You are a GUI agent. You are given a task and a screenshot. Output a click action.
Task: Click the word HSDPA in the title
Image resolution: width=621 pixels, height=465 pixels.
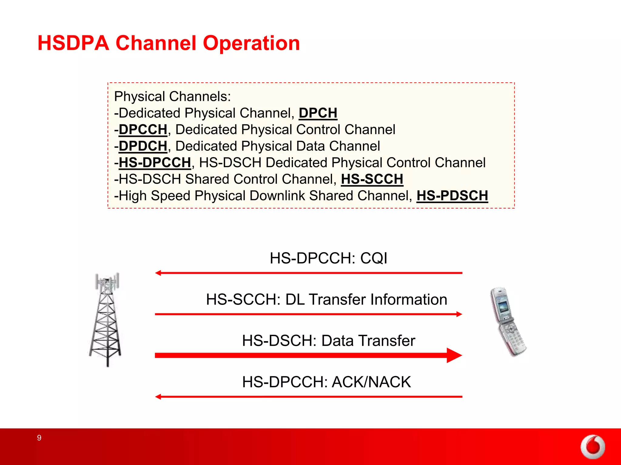point(73,43)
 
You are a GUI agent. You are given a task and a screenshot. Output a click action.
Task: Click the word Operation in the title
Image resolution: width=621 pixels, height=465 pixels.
point(251,43)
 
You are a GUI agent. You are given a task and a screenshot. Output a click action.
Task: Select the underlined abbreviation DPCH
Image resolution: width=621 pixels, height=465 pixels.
point(318,113)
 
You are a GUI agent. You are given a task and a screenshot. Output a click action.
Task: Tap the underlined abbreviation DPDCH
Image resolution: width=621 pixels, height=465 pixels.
point(143,146)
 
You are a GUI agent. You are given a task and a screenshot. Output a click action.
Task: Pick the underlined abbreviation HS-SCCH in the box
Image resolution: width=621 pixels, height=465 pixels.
point(372,179)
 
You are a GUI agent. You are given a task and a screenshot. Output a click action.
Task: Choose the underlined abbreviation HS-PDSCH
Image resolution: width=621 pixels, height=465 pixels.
point(452,196)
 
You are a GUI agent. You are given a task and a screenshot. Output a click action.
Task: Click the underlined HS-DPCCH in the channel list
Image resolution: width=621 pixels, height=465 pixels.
point(155,163)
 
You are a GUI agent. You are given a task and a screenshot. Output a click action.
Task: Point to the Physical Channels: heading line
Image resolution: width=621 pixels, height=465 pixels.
point(172,97)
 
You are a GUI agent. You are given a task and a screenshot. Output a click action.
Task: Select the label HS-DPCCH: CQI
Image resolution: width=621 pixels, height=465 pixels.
point(328,258)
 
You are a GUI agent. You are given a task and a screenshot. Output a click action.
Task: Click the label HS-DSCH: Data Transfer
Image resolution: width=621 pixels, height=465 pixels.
point(328,341)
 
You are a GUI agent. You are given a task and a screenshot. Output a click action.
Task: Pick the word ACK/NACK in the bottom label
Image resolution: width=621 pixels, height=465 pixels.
point(371,382)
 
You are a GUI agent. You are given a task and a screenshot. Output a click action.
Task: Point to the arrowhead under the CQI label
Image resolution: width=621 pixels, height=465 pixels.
point(158,273)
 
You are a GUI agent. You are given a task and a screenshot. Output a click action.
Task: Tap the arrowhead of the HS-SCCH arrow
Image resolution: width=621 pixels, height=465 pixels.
point(459,314)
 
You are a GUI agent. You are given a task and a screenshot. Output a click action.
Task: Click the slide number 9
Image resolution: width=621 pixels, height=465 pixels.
point(39,438)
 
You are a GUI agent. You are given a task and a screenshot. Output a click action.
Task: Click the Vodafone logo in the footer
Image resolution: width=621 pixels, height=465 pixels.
point(592,447)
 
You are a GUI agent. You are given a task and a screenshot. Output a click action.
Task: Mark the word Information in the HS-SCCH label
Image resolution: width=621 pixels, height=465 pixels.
point(408,299)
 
